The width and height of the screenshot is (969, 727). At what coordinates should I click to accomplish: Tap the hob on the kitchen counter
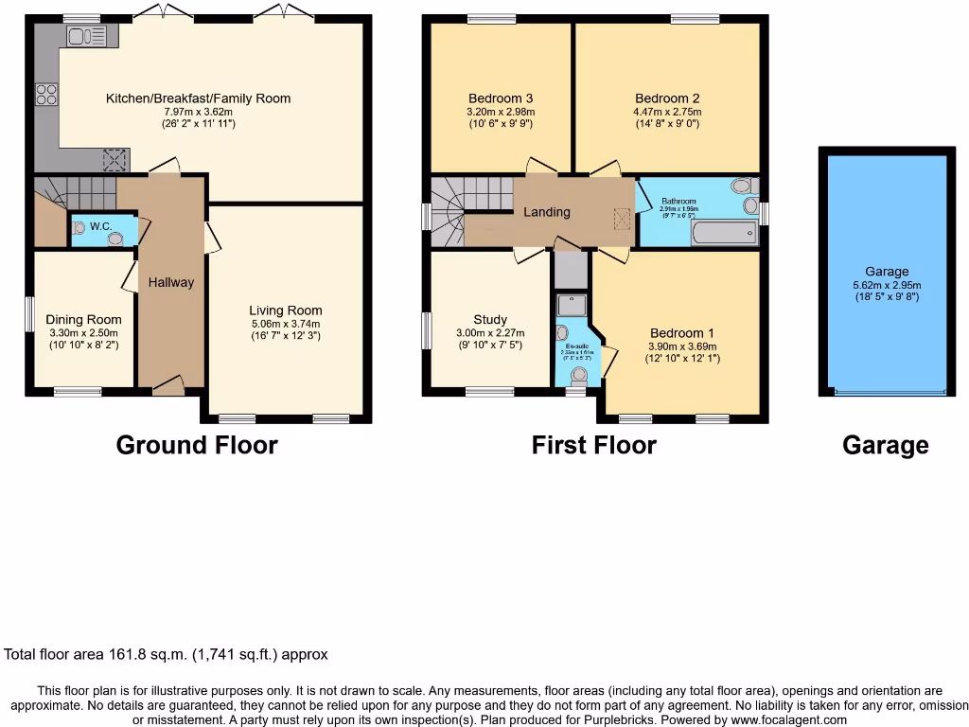pos(46,95)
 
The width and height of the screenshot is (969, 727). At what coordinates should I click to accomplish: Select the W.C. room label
pos(100,227)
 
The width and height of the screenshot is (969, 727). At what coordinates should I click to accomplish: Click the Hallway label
pos(171,282)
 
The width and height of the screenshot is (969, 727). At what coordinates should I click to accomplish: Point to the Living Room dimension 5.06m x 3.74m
pos(286,323)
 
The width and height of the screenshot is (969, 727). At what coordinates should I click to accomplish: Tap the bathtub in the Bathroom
pos(724,233)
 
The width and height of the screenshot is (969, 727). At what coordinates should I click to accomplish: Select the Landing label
pos(547,212)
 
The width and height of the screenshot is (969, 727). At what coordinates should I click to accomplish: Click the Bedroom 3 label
pos(501,98)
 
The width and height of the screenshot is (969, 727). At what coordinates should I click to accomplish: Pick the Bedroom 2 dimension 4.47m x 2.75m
pos(667,112)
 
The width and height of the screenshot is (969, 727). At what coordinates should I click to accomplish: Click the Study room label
pos(490,320)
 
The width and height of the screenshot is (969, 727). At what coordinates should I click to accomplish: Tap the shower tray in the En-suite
pos(571,303)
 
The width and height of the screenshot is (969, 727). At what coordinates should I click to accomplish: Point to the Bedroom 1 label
pos(681,333)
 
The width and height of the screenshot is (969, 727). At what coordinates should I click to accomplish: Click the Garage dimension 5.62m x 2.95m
pos(886,284)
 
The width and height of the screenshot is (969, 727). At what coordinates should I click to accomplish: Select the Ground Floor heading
pos(197,445)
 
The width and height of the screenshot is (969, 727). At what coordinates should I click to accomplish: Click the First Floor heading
pos(593,445)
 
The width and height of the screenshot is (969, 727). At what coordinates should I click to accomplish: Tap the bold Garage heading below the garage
pos(885,445)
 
